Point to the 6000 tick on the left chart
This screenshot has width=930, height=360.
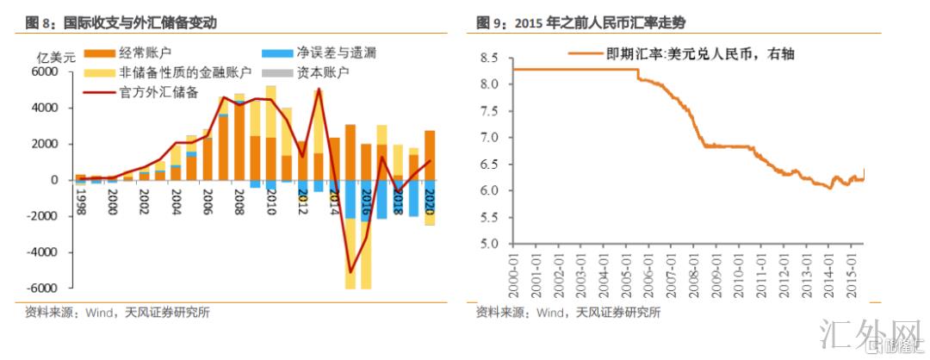(43, 72)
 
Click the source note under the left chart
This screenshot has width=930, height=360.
(117, 313)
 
